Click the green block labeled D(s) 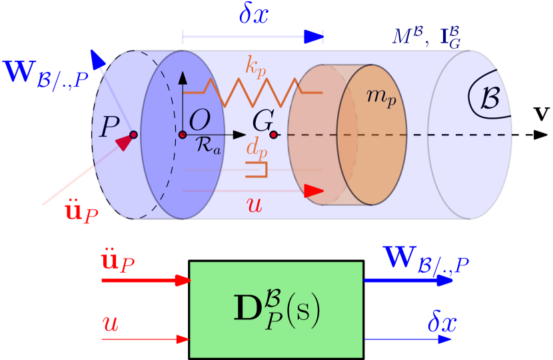pyautogui.click(x=276, y=309)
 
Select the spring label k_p pyautogui.click(x=257, y=66)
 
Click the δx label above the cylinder pyautogui.click(x=253, y=15)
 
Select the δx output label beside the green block pyautogui.click(x=442, y=323)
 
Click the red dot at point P pyautogui.click(x=133, y=135)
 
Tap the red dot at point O pyautogui.click(x=183, y=135)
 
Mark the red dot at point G pyautogui.click(x=273, y=135)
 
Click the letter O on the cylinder pyautogui.click(x=199, y=121)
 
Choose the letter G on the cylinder pyautogui.click(x=263, y=121)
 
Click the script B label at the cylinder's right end pyautogui.click(x=490, y=98)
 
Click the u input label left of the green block pyautogui.click(x=110, y=325)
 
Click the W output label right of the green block pyautogui.click(x=426, y=258)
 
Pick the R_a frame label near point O pyautogui.click(x=208, y=146)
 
